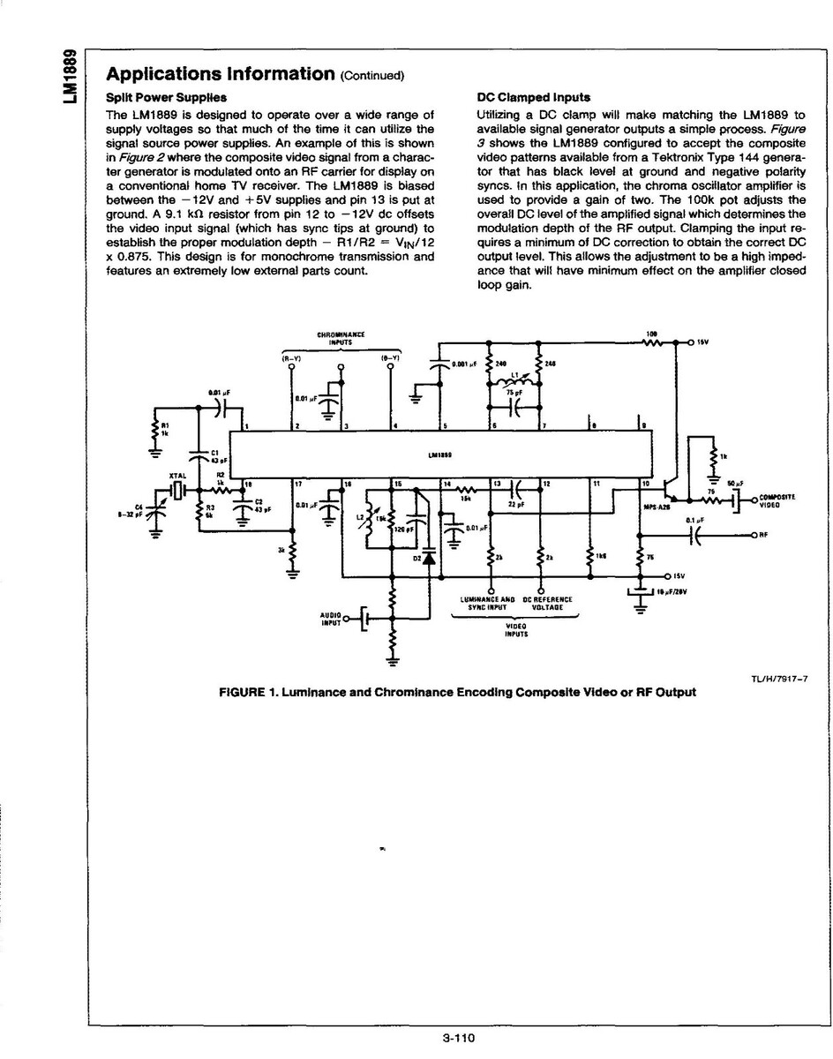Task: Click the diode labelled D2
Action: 429,557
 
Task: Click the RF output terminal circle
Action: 753,535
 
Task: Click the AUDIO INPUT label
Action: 329,618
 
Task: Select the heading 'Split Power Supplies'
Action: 166,97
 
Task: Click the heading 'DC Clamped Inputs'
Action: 533,97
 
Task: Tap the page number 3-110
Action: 459,1039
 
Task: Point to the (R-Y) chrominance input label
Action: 291,357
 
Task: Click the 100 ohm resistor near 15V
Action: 652,342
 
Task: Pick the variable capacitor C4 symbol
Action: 157,509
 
